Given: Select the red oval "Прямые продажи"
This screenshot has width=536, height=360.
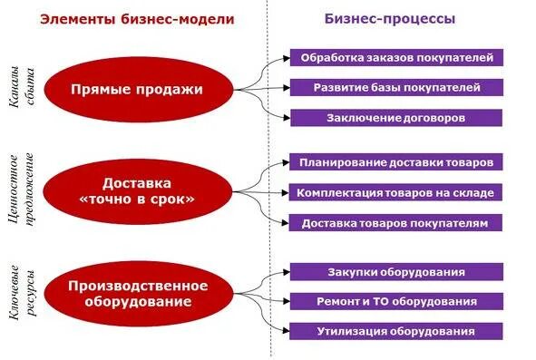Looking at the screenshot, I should click(x=138, y=90).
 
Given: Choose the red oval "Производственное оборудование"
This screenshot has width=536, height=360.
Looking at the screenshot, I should click(x=138, y=293).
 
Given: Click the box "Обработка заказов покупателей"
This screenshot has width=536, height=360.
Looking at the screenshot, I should click(x=396, y=58).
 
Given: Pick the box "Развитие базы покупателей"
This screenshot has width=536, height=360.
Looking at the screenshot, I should click(x=396, y=88).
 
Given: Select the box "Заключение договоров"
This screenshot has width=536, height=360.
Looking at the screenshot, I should click(x=396, y=118).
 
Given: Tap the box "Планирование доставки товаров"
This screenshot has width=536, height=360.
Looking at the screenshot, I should click(x=396, y=162).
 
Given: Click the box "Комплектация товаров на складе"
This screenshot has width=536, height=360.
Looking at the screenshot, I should click(x=396, y=192).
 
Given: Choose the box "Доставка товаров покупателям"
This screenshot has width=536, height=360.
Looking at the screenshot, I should click(x=396, y=222).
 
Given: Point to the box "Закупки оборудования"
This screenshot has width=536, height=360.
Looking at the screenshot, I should click(x=396, y=271).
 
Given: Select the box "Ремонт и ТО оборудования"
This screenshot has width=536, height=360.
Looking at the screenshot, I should click(x=396, y=301).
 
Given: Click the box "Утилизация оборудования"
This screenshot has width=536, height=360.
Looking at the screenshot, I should click(x=396, y=331).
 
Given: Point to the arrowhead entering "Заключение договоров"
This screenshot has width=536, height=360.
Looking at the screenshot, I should click(x=287, y=118).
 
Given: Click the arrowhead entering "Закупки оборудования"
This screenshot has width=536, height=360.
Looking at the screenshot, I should click(x=287, y=271).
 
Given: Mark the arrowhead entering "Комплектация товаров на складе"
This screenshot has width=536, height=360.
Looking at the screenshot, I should click(x=287, y=192).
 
